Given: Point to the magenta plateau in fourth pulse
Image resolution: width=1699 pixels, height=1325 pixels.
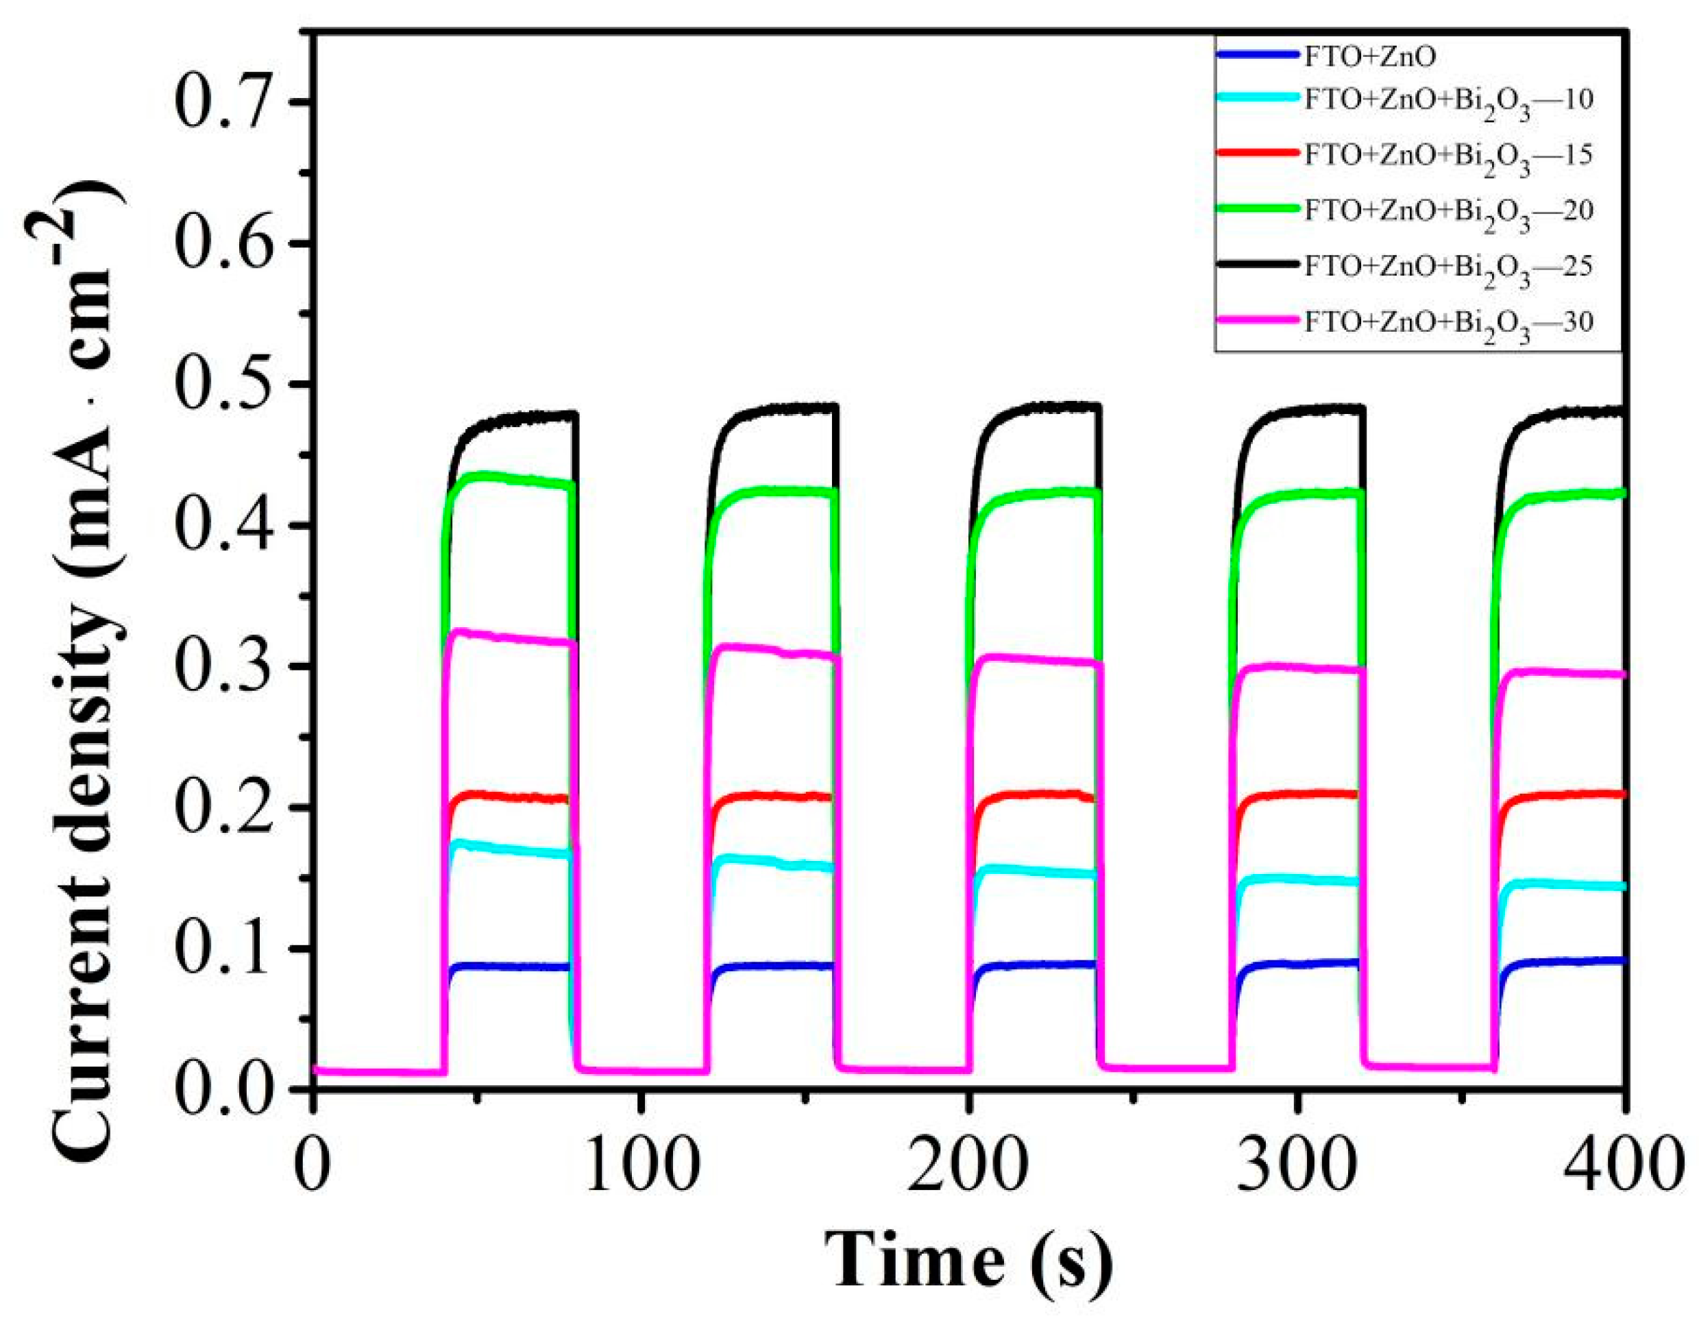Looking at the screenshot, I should [x=1299, y=668].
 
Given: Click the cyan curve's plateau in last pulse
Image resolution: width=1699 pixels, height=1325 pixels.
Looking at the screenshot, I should [x=1563, y=885].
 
